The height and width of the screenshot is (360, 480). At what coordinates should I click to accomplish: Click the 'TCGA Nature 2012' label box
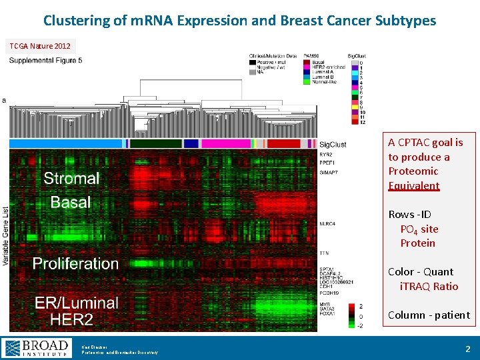[39, 46]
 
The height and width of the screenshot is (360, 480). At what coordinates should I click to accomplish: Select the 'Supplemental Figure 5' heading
[45, 61]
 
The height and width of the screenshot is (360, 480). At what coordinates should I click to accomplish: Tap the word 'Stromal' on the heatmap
[71, 179]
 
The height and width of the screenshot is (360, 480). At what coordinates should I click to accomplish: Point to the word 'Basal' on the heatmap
[71, 202]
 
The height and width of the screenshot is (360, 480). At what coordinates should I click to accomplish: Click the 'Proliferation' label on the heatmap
[75, 263]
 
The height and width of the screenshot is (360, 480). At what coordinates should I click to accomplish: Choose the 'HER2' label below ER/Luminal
[72, 319]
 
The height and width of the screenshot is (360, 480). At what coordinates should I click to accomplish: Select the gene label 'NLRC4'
[327, 224]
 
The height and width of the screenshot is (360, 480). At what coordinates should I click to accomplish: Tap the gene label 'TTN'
[324, 253]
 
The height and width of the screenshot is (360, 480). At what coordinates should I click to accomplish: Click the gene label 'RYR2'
[326, 155]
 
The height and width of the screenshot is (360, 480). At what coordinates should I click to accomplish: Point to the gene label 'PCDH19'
[329, 293]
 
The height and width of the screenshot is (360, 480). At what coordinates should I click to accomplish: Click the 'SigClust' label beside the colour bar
[333, 145]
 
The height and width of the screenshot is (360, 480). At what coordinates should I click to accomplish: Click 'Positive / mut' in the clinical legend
[273, 63]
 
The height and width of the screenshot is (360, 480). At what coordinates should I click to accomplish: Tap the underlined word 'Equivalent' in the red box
[414, 186]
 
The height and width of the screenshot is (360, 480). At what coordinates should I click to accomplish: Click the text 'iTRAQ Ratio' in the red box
[429, 286]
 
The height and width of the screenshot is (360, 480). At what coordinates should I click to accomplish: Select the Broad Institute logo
[37, 348]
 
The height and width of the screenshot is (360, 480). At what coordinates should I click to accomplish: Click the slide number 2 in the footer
[467, 349]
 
